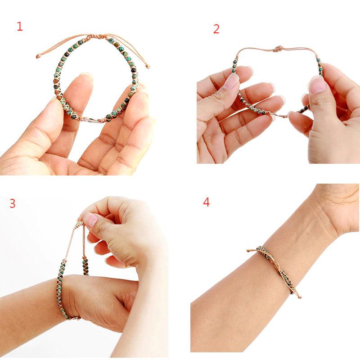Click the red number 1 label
coord(19,27)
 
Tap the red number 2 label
coord(216,29)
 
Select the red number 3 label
coord(12,203)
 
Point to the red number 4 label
coord(206,202)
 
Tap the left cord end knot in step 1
coord(39,56)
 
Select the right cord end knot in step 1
coord(148,67)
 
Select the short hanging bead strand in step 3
coord(84,265)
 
